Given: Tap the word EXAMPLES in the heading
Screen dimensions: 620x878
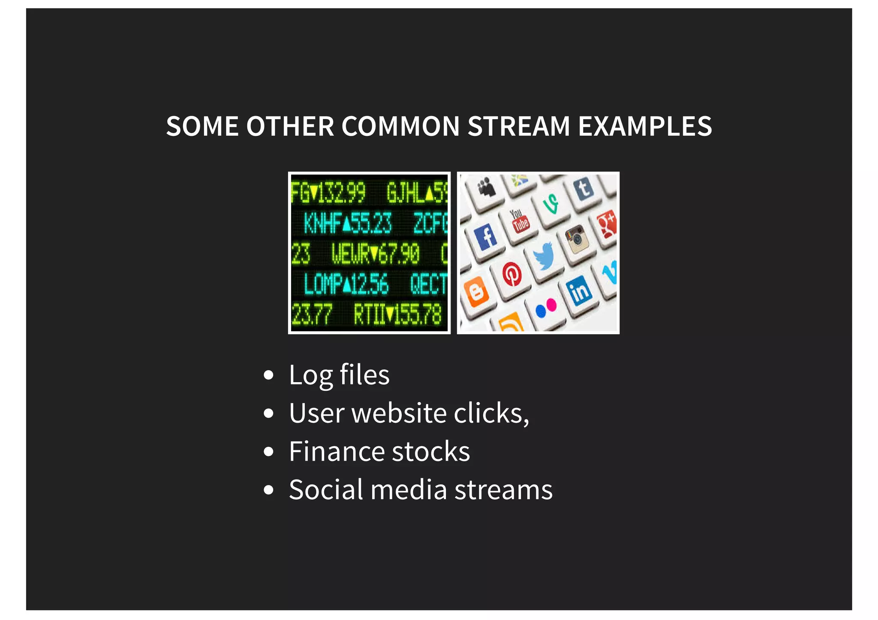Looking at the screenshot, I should click(645, 126).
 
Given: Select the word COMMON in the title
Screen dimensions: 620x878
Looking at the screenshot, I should click(400, 126).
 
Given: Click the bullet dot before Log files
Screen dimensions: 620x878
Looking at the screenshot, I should click(269, 375).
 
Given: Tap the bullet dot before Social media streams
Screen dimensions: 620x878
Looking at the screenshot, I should click(269, 490).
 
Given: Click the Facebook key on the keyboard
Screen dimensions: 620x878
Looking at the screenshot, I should click(486, 237).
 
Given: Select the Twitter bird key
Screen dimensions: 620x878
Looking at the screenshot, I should click(544, 256).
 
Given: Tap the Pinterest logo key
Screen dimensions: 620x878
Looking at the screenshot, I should click(512, 275).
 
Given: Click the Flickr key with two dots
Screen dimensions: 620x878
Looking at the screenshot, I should click(546, 307).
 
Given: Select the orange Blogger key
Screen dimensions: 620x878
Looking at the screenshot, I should click(476, 292).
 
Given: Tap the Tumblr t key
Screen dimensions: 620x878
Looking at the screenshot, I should click(583, 188).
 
